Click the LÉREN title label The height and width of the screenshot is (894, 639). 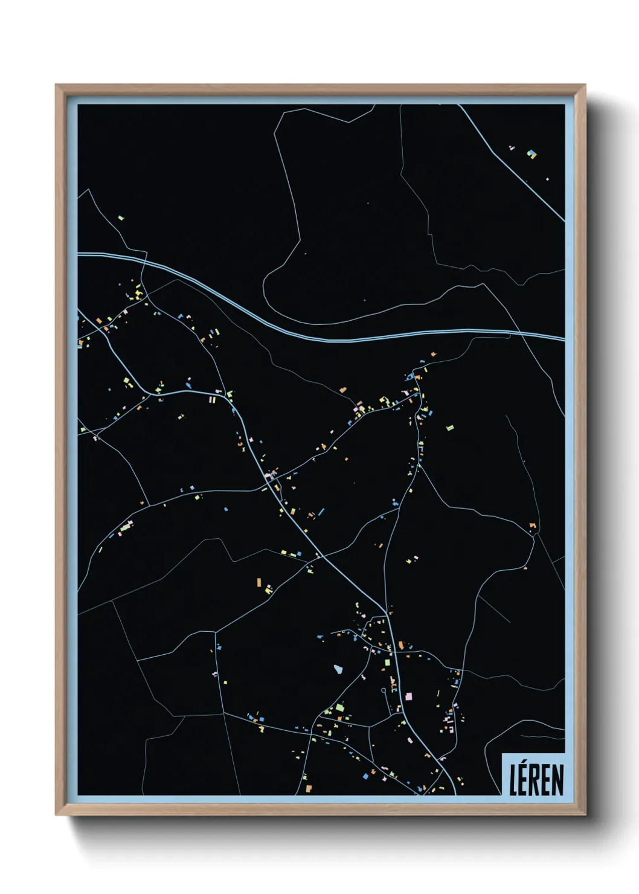(536, 779)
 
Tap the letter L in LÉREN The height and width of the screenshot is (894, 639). (514, 780)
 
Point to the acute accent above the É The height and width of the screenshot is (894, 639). (525, 765)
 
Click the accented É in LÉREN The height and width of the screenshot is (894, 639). (524, 780)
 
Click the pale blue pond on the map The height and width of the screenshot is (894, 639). (338, 669)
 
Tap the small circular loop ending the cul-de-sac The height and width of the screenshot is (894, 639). (384, 690)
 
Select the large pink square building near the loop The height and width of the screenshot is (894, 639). (409, 696)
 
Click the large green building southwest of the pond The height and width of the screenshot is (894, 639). (339, 707)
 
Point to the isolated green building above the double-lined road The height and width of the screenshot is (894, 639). (121, 217)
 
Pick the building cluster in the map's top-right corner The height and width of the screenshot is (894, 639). (531, 154)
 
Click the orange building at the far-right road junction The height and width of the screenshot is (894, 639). (532, 526)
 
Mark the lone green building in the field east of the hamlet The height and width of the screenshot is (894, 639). (449, 428)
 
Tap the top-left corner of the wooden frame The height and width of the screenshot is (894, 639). (56, 85)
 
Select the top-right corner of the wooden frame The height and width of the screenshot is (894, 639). (585, 85)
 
